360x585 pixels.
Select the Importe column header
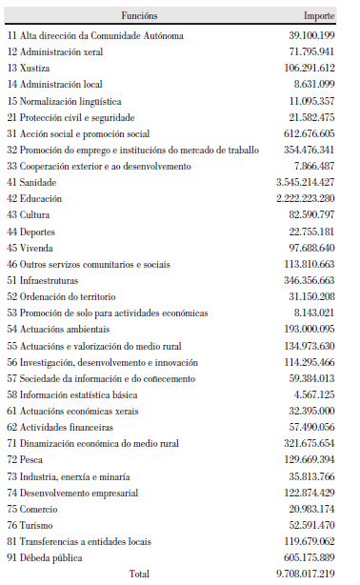pyautogui.click(x=319, y=17)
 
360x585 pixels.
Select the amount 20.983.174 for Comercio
pyautogui.click(x=307, y=509)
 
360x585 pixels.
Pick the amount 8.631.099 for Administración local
pyautogui.click(x=310, y=84)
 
